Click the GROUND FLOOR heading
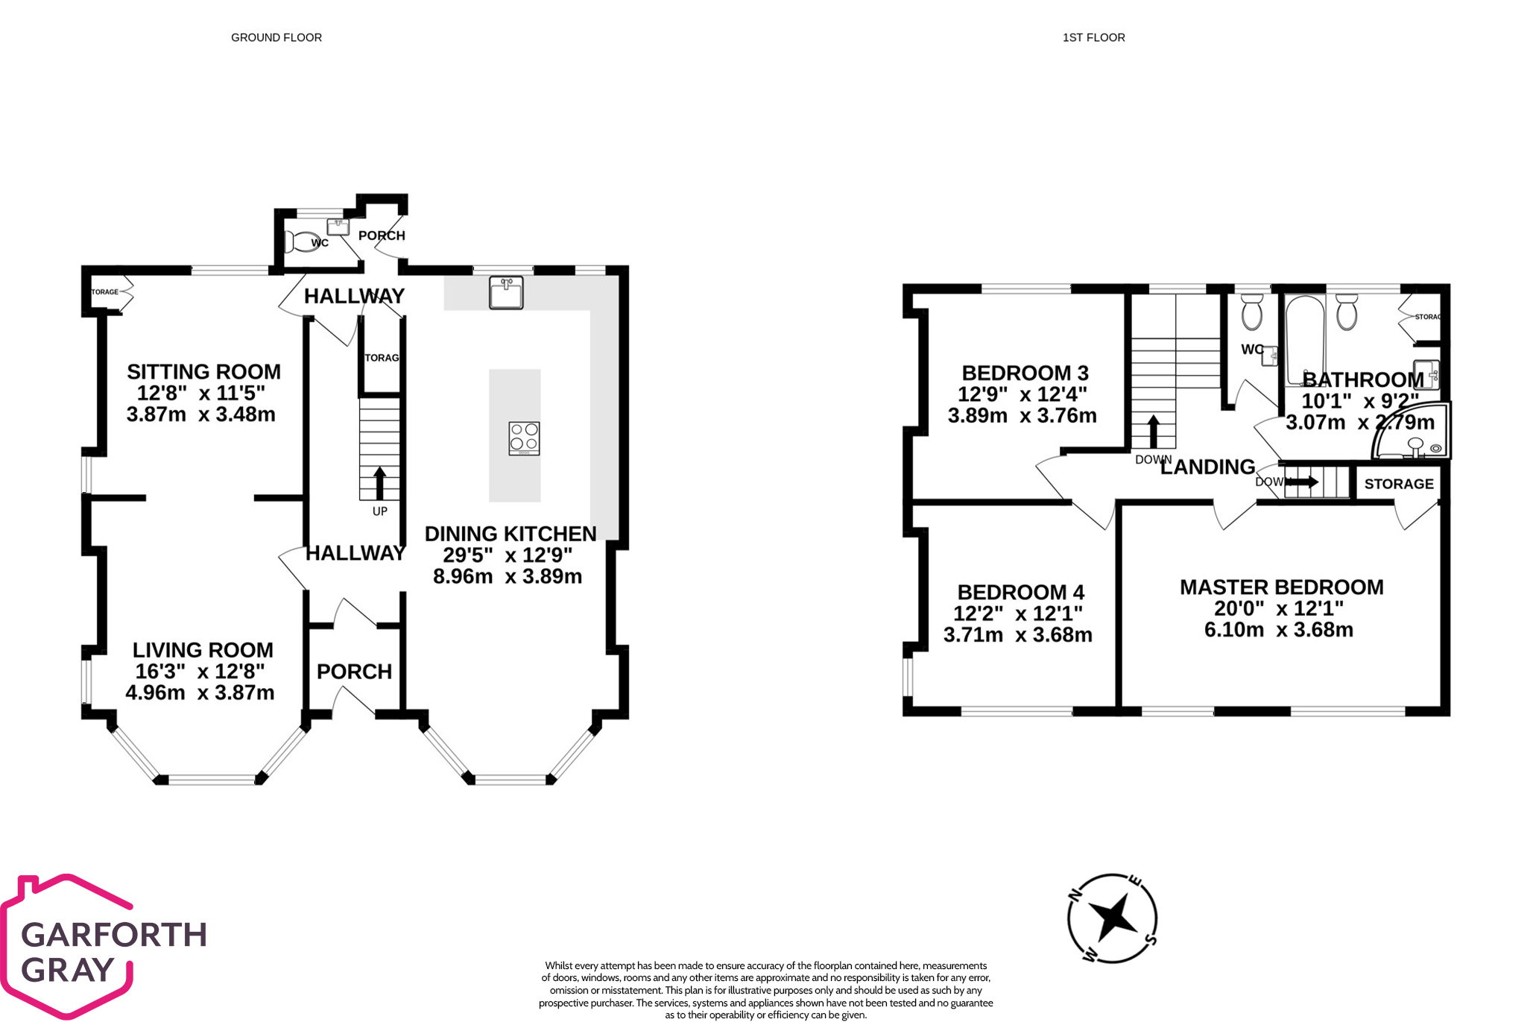pyautogui.click(x=276, y=37)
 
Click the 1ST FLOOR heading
pyautogui.click(x=1093, y=37)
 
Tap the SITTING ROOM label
pyautogui.click(x=203, y=371)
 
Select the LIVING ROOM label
pyautogui.click(x=203, y=650)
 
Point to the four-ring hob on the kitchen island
pyautogui.click(x=524, y=438)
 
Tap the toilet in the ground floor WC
pyautogui.click(x=300, y=242)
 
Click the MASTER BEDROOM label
pyautogui.click(x=1281, y=587)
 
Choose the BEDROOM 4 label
pyautogui.click(x=1020, y=593)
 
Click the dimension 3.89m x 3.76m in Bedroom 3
pyautogui.click(x=1022, y=416)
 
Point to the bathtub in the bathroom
pyautogui.click(x=1304, y=339)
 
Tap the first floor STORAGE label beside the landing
pyautogui.click(x=1398, y=484)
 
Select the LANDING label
pyautogui.click(x=1207, y=467)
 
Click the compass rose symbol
pyautogui.click(x=1112, y=918)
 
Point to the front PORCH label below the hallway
pyautogui.click(x=354, y=672)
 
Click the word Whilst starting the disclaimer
pyautogui.click(x=560, y=966)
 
